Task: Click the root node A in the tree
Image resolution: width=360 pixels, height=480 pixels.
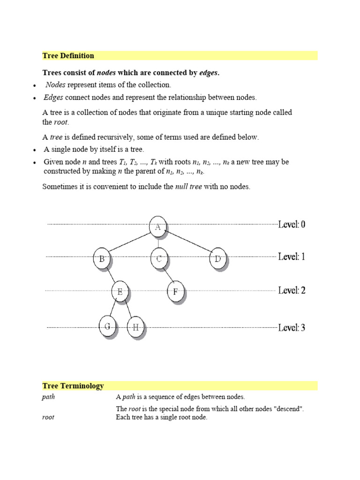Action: (158, 227)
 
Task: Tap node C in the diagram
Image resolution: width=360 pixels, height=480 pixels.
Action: (159, 258)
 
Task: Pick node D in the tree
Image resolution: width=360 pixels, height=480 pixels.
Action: (217, 258)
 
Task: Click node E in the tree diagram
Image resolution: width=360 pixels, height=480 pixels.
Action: (120, 292)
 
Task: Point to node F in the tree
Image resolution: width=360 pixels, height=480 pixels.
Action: (175, 292)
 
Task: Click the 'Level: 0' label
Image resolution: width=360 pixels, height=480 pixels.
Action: (292, 225)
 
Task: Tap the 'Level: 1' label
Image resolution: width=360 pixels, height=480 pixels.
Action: (292, 257)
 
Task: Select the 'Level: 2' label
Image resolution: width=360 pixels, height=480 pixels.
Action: (292, 291)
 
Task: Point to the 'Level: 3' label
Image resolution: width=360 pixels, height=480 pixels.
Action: (292, 328)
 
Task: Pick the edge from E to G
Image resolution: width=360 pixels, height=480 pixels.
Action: (113, 308)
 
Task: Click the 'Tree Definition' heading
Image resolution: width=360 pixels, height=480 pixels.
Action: (68, 56)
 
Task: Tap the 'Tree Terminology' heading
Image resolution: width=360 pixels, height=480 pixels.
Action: (73, 386)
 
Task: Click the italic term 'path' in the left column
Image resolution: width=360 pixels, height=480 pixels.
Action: (48, 397)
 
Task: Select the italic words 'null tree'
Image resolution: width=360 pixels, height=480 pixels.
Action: (188, 187)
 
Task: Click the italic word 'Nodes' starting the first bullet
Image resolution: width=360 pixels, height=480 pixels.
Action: (56, 85)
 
